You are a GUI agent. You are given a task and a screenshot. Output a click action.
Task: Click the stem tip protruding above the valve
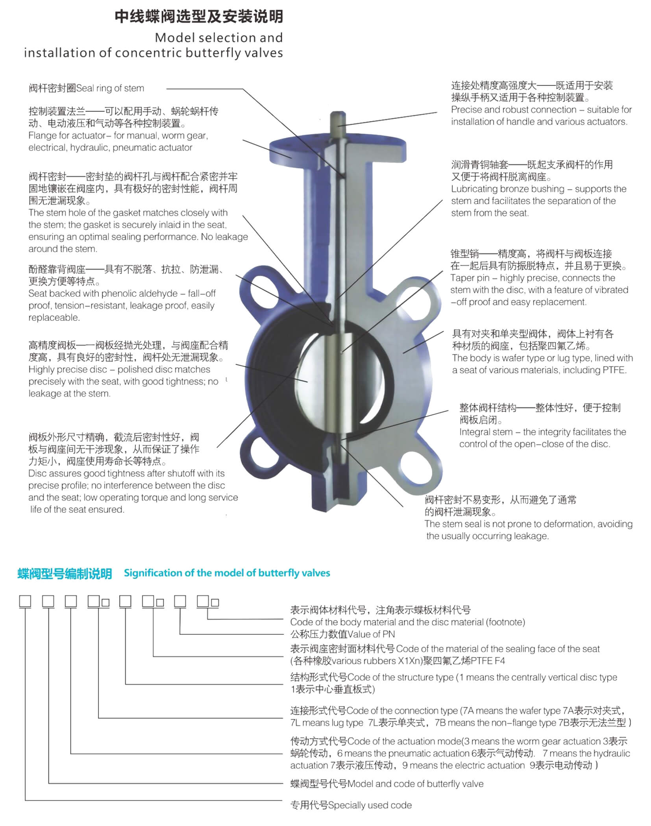[338, 119]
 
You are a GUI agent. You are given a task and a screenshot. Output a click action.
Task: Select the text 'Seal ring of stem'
[110, 89]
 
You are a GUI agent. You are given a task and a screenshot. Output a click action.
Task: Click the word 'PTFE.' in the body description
[614, 370]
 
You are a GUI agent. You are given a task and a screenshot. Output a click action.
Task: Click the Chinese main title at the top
[199, 17]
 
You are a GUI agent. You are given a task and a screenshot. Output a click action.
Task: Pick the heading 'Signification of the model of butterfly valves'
[227, 573]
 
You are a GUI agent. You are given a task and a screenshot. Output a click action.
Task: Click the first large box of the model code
[25, 602]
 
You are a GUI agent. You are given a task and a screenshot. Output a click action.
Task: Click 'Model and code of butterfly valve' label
[416, 784]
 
